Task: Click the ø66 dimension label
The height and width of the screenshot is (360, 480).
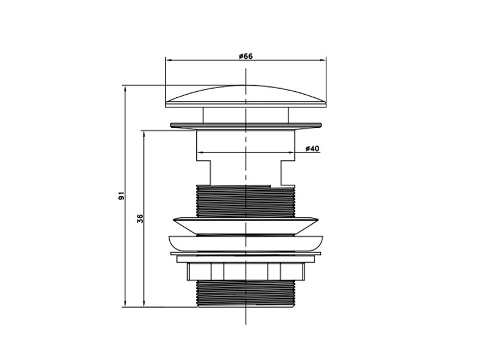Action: (x=246, y=56)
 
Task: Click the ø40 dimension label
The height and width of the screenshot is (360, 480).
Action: (x=312, y=148)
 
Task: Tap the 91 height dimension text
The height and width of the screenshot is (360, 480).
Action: (x=122, y=196)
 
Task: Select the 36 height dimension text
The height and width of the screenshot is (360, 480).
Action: (x=140, y=218)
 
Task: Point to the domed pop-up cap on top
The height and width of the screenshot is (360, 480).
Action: (x=246, y=96)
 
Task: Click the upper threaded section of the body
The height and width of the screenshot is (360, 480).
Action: (x=245, y=201)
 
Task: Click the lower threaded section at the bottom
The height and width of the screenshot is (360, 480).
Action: (x=245, y=293)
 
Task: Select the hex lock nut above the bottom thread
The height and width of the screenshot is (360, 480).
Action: (x=246, y=271)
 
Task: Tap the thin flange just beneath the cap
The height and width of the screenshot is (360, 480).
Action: (x=246, y=125)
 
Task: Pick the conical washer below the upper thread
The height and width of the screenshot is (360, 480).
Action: (x=246, y=227)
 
